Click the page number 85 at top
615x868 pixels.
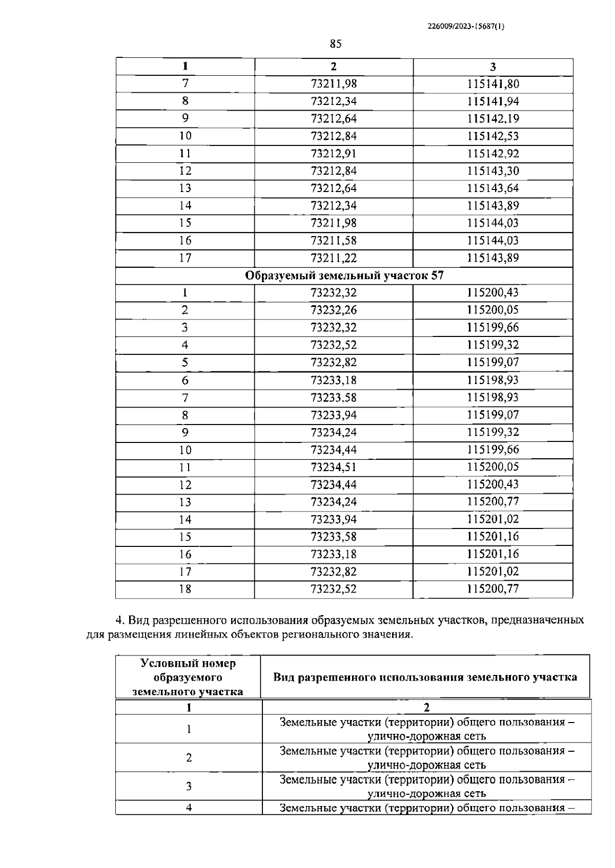[336, 44]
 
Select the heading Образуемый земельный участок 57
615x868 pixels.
[344, 276]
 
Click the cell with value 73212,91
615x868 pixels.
[334, 154]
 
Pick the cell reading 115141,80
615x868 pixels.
[493, 84]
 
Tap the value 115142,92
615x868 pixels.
[493, 154]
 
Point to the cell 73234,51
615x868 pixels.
[334, 467]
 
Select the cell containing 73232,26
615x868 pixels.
[334, 310]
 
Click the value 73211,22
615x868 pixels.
[334, 258]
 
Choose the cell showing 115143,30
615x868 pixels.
[493, 171]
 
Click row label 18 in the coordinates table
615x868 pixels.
[185, 589]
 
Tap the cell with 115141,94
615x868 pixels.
[493, 101]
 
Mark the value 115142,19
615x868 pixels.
[493, 119]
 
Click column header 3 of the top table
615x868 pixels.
[493, 67]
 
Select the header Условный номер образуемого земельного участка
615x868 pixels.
[188, 678]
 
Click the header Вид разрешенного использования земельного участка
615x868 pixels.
[425, 678]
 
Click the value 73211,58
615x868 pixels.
[334, 241]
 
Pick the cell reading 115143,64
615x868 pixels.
[493, 188]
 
